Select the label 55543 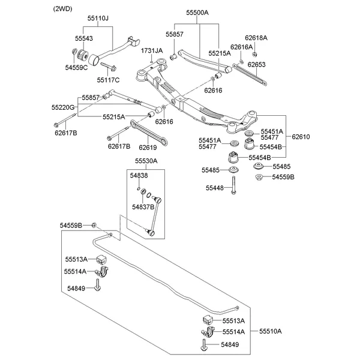click(84, 38)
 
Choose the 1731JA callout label click(152, 51)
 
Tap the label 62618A click(256, 38)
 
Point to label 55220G click(63, 107)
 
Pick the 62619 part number click(148, 146)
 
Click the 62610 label click(301, 137)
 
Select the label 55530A click(146, 161)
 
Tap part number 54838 click(139, 175)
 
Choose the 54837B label click(144, 206)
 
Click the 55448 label click(214, 188)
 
